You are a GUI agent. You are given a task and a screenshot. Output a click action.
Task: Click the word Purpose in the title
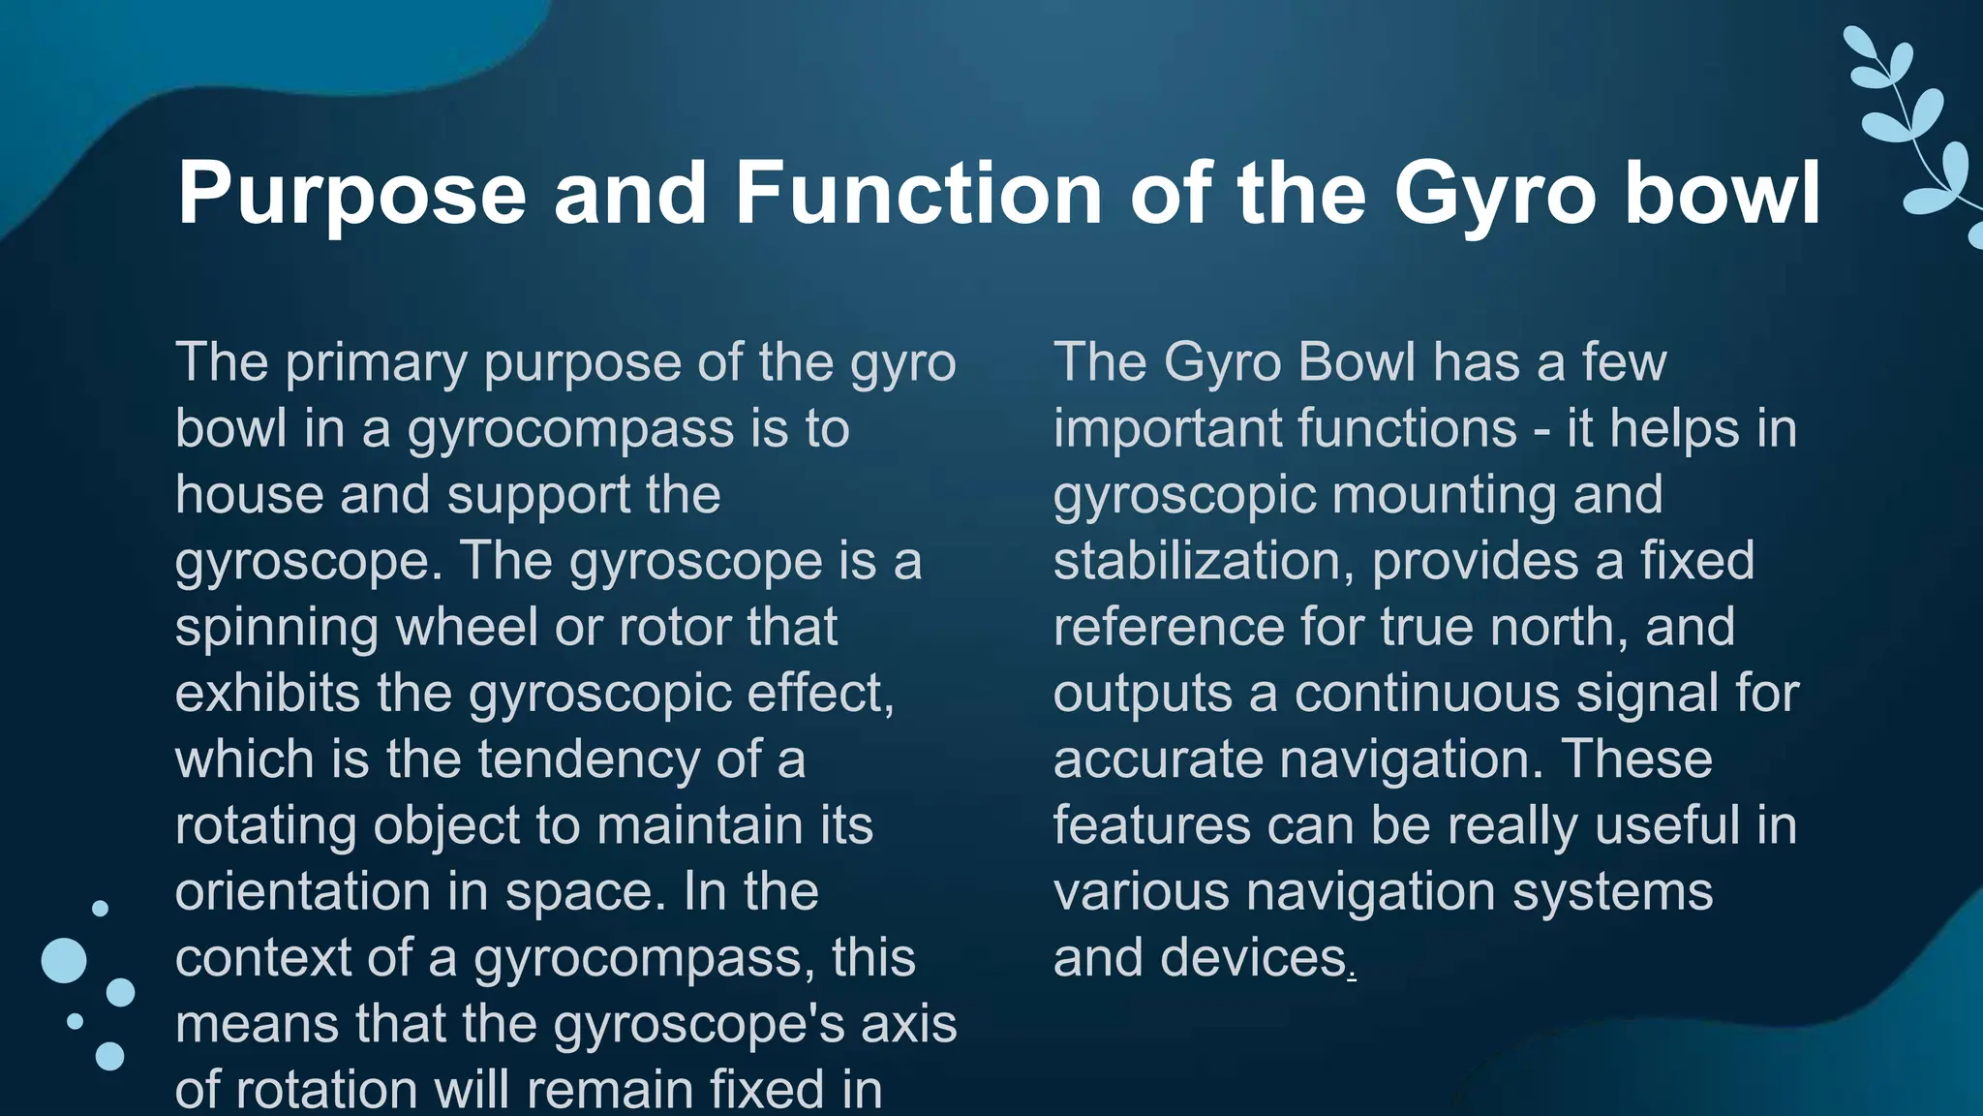pos(351,194)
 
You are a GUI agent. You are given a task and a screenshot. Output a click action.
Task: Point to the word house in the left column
pos(249,495)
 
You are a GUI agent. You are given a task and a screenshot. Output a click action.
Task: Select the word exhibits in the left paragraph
pos(267,694)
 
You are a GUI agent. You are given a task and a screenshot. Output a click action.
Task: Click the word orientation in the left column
pos(302,892)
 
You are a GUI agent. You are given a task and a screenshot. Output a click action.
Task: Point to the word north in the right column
pos(1552,628)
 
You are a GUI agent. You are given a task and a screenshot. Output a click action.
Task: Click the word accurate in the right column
pos(1157,760)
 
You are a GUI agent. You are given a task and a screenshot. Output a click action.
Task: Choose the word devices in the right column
pos(1253,958)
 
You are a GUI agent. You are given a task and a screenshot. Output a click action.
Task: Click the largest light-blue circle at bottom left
pos(64,960)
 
